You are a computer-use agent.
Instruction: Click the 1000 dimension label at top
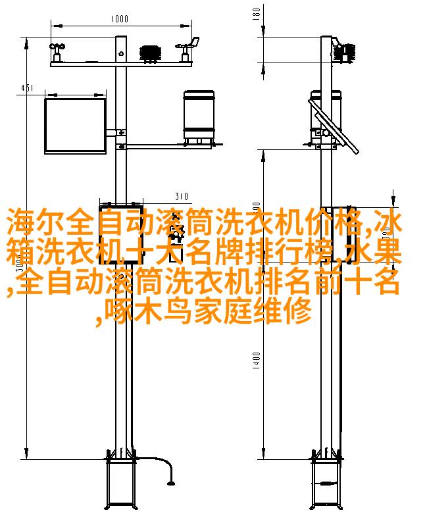click(x=120, y=18)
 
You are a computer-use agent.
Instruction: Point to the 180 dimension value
click(x=257, y=14)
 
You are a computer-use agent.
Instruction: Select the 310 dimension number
click(x=182, y=196)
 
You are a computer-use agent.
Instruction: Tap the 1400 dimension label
click(x=257, y=361)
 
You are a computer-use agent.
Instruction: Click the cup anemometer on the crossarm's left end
click(x=57, y=52)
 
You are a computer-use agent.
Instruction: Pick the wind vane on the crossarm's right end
click(x=188, y=49)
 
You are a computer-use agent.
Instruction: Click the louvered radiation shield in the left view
click(x=151, y=53)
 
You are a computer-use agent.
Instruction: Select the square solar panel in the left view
click(x=76, y=126)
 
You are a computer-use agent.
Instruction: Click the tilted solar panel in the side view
click(x=334, y=126)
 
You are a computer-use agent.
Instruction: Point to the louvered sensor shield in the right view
click(x=345, y=52)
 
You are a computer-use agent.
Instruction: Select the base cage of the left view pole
click(x=121, y=483)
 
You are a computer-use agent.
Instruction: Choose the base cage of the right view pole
click(x=326, y=483)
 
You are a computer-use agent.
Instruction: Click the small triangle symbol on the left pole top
click(x=121, y=53)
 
